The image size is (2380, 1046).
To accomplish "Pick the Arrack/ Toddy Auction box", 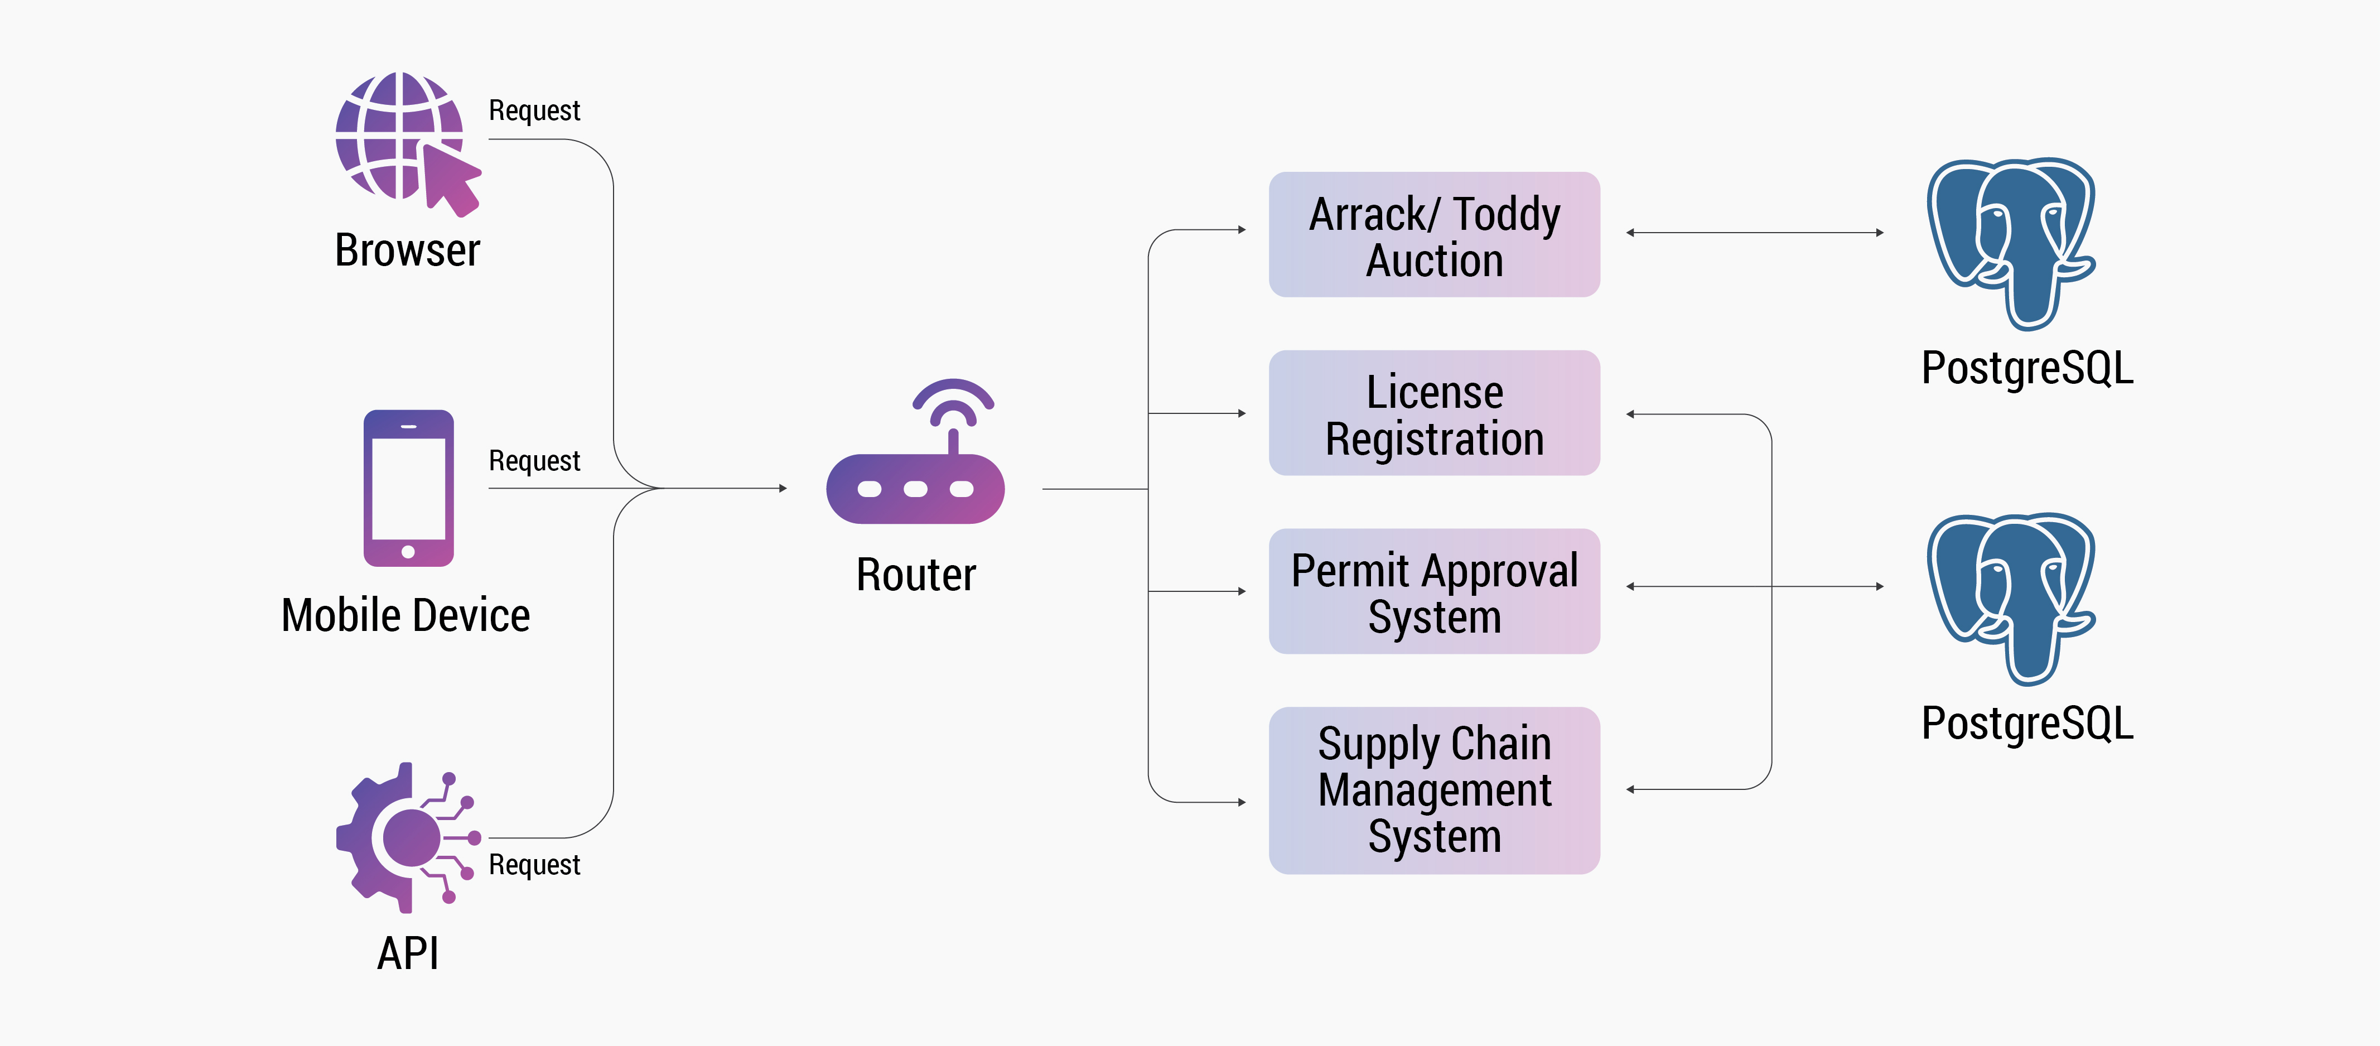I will click(1434, 235).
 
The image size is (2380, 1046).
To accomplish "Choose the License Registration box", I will click(1434, 413).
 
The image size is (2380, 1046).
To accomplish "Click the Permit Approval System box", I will click(1434, 591).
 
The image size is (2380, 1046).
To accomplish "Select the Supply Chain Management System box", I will click(1434, 790).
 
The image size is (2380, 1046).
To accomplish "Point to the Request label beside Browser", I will click(534, 111).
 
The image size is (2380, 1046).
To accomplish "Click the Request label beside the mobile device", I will click(534, 460).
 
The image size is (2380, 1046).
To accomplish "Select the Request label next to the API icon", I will click(534, 865).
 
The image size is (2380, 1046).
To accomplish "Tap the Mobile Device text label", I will click(405, 615).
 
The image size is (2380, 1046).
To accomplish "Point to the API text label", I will click(407, 953).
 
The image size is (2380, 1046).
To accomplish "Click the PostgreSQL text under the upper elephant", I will click(2027, 368).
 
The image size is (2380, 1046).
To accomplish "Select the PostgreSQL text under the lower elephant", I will click(2027, 722).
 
